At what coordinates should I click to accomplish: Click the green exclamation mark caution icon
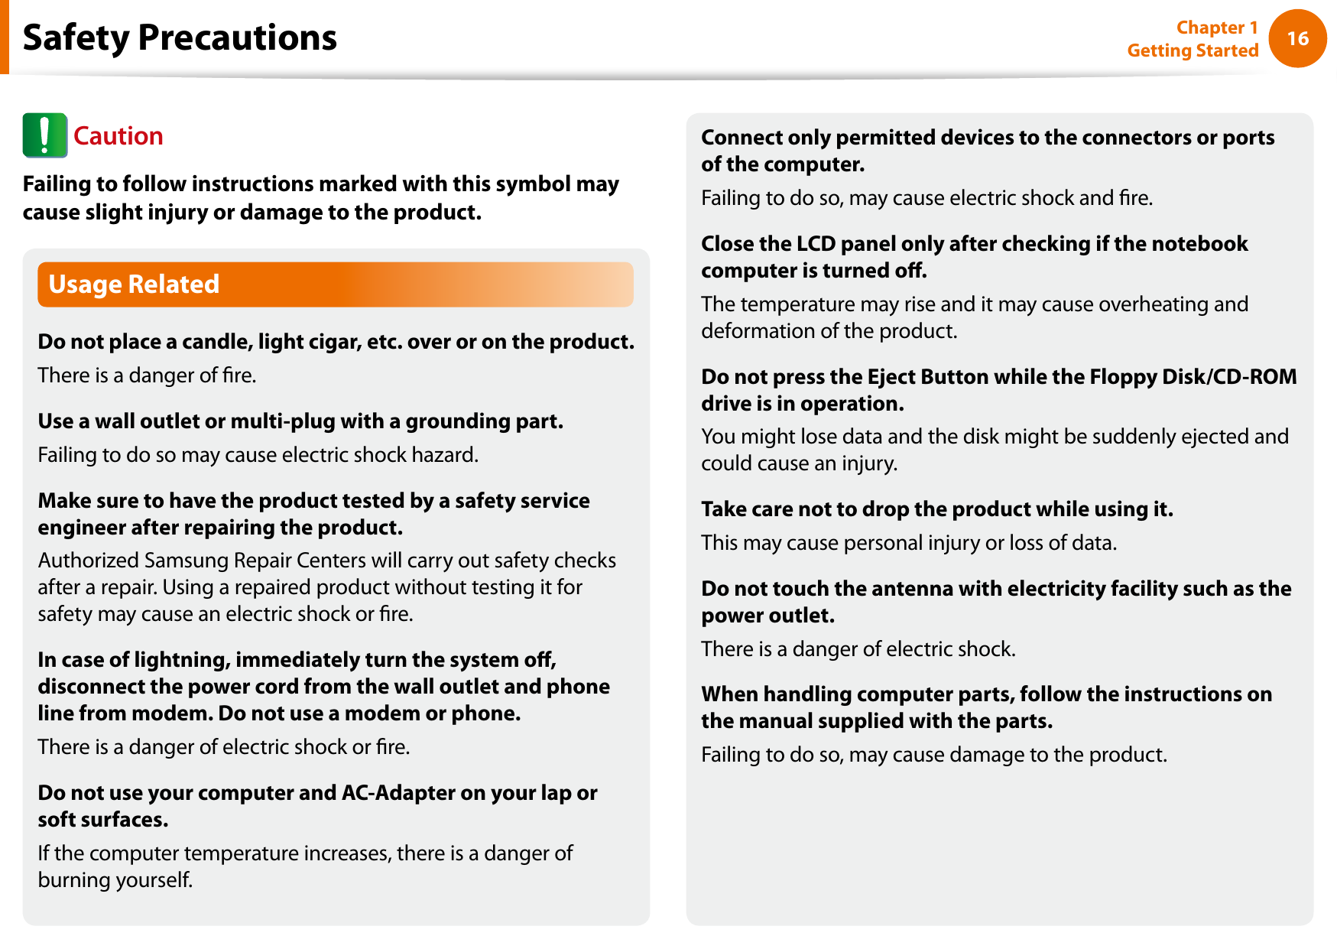click(x=44, y=135)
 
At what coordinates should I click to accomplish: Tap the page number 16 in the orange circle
click(x=1297, y=39)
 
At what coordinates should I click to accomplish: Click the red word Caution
click(x=118, y=136)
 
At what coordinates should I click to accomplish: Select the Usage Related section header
click(x=134, y=284)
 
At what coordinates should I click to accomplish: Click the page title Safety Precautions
click(x=180, y=37)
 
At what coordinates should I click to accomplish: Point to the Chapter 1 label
click(x=1216, y=28)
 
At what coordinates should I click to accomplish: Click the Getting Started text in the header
click(x=1192, y=50)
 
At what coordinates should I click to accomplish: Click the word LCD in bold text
click(x=816, y=244)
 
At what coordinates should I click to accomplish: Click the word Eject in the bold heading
click(x=891, y=377)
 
